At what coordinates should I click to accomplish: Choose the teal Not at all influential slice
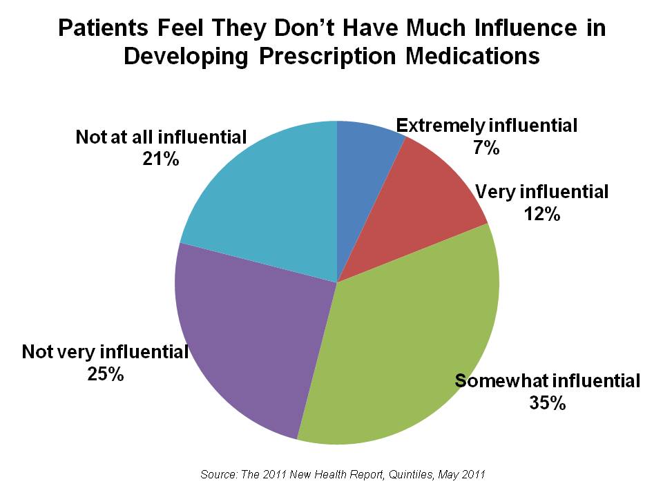269,200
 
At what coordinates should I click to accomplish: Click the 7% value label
486,146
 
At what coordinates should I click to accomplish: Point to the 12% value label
541,214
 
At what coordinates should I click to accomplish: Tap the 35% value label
548,402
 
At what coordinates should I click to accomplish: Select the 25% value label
106,375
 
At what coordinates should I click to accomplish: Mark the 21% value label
161,159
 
